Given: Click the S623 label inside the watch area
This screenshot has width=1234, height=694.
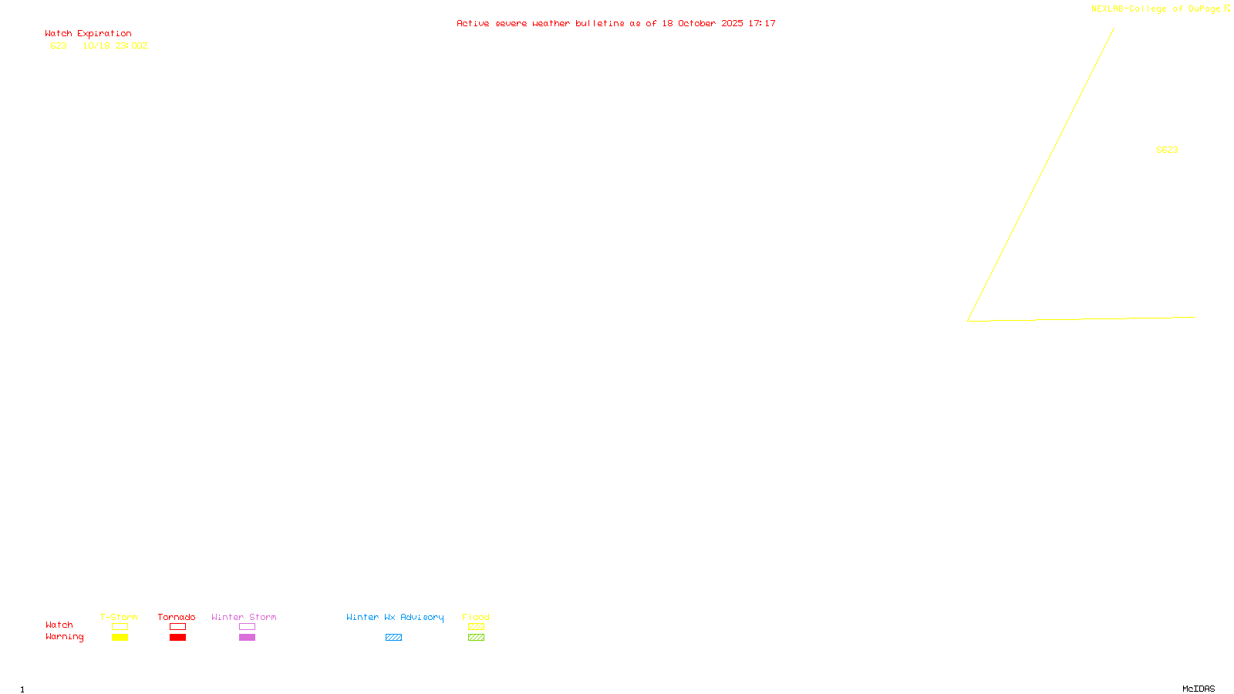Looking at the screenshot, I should (1167, 150).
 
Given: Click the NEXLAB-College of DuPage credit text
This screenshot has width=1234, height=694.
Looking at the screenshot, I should (1155, 8).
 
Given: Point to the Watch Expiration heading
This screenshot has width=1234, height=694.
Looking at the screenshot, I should (88, 33).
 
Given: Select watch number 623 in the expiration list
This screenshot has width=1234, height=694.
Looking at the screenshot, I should (59, 45).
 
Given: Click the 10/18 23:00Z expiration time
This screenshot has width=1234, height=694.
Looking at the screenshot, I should (115, 45).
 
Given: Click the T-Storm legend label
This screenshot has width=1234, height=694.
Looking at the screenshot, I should (119, 617).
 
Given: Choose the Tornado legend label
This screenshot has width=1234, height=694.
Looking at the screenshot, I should (177, 617).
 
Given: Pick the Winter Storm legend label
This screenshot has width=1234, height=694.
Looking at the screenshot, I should (244, 617).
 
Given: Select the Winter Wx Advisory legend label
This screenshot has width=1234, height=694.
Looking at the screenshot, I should (395, 617).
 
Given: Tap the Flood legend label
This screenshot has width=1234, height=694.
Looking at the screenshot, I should (476, 617).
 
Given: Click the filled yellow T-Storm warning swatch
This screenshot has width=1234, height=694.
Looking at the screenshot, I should (120, 638).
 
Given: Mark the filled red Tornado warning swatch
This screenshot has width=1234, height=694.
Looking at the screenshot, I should (177, 638).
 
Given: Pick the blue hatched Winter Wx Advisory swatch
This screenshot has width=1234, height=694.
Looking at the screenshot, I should (393, 638).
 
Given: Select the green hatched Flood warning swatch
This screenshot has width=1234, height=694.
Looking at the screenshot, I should (476, 638).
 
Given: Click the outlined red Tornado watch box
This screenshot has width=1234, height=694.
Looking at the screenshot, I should (177, 627).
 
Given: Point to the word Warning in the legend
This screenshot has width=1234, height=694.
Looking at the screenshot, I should (64, 637).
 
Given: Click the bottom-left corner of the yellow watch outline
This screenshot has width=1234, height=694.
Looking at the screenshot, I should (968, 321).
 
